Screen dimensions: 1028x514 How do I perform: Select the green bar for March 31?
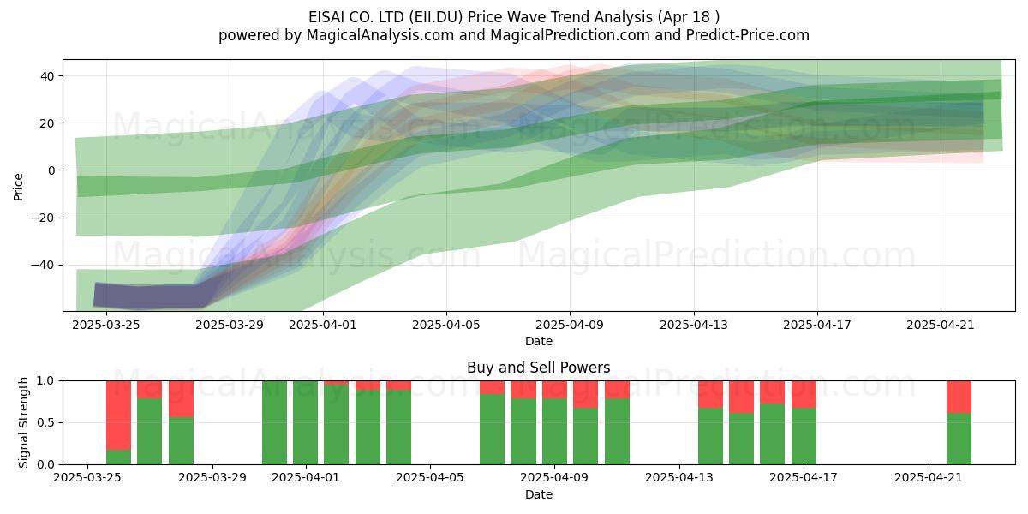(274, 422)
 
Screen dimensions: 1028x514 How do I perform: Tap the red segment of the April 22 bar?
(959, 397)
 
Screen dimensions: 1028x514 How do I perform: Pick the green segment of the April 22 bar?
(959, 439)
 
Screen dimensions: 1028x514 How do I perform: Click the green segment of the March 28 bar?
(181, 440)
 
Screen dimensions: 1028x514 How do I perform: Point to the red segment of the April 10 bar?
(586, 394)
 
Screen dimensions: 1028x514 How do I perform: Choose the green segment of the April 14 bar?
(710, 436)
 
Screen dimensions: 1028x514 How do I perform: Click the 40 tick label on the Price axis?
(47, 75)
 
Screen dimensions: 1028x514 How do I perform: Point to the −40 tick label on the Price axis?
(43, 265)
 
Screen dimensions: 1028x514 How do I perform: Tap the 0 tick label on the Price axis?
(51, 170)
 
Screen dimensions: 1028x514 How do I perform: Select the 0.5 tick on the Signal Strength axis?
(45, 422)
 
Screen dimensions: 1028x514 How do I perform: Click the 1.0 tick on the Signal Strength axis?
(45, 380)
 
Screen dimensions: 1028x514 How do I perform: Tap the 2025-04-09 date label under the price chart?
(570, 325)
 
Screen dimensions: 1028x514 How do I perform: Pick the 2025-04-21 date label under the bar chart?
(929, 478)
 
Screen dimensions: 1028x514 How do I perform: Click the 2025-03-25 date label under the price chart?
(106, 325)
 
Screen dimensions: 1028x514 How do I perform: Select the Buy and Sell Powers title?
(538, 368)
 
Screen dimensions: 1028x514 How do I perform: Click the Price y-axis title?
(18, 187)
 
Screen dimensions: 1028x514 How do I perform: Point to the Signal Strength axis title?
(23, 422)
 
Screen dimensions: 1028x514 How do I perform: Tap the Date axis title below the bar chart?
(539, 494)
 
